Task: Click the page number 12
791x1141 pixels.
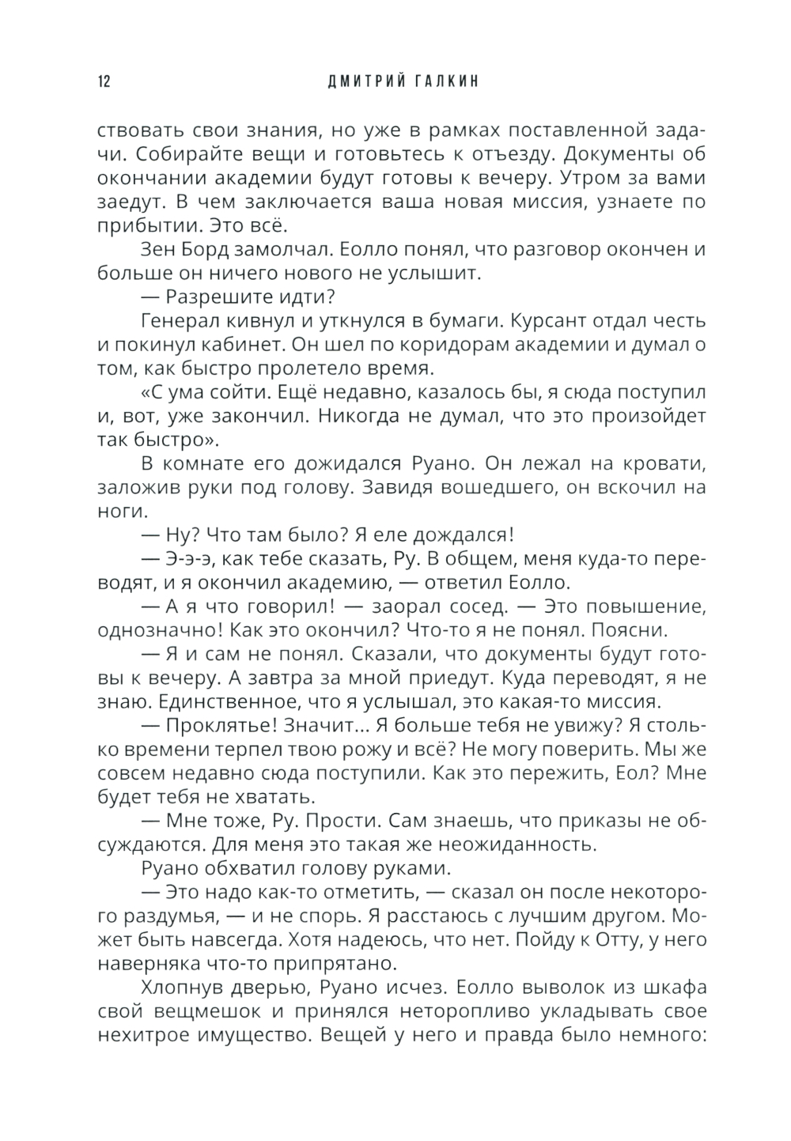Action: [104, 82]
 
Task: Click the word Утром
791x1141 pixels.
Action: [558, 179]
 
